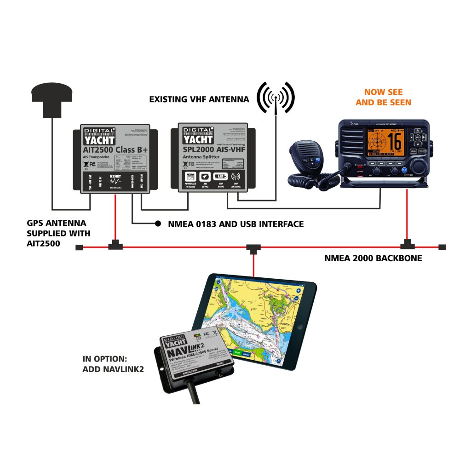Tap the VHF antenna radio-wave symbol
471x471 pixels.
pos(276,98)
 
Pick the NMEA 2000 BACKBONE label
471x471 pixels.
pos(373,258)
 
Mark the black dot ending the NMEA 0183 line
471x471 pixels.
pos(158,224)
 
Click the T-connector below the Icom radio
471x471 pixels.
pos(406,243)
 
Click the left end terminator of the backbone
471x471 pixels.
pos(79,247)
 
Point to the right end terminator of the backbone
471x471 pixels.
pos(442,247)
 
